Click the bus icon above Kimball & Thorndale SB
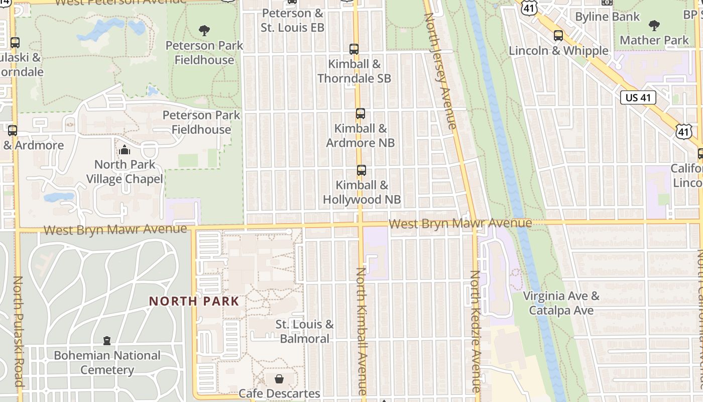click(x=354, y=49)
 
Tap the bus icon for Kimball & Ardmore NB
click(x=360, y=114)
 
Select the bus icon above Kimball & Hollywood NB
click(x=361, y=170)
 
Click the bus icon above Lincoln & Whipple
click(x=558, y=36)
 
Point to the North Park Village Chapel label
click(x=125, y=172)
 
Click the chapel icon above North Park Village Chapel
click(x=124, y=150)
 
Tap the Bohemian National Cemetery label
click(x=107, y=363)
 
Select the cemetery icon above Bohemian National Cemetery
click(x=106, y=341)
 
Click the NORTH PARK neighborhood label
click(x=194, y=301)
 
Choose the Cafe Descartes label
click(x=279, y=393)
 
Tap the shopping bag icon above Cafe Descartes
click(x=279, y=378)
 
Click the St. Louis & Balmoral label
click(x=304, y=332)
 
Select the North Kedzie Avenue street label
click(x=476, y=332)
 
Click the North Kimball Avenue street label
click(x=362, y=332)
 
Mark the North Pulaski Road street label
click(x=18, y=332)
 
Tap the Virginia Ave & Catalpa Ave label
click(x=561, y=303)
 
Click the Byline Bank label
click(x=608, y=17)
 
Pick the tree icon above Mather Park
click(x=654, y=25)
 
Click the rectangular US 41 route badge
click(x=638, y=97)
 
